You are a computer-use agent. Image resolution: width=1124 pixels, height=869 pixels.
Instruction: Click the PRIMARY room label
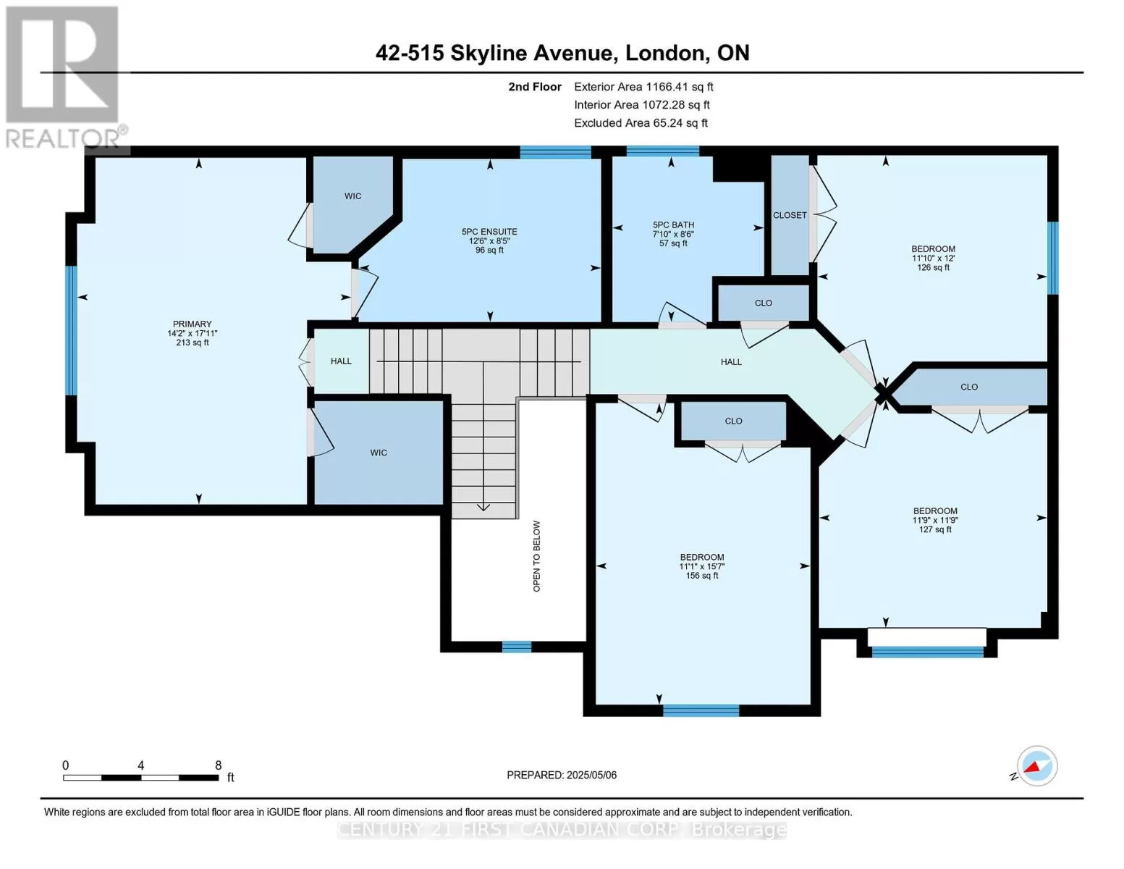pos(192,324)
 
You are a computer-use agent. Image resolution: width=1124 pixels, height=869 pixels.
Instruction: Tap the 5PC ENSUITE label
pos(489,232)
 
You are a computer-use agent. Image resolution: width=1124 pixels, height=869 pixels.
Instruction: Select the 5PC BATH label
pos(673,225)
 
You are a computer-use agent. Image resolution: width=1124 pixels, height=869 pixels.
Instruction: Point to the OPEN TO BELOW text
pos(536,556)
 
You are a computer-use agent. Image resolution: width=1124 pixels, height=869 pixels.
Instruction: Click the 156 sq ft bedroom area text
pos(701,576)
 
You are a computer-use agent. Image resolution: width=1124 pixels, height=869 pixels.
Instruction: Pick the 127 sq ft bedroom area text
pos(934,529)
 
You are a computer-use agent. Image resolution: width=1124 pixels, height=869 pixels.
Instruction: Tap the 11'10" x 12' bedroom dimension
pos(933,258)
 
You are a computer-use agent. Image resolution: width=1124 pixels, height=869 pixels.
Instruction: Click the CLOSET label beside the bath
pos(790,215)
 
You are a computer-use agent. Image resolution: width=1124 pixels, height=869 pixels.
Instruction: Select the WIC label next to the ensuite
pos(352,196)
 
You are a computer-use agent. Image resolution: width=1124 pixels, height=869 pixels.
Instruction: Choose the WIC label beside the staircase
pos(378,453)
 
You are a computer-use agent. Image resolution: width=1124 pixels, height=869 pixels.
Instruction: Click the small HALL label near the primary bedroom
pos(341,361)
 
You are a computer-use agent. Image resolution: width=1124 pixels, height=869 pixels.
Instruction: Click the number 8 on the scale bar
pos(219,765)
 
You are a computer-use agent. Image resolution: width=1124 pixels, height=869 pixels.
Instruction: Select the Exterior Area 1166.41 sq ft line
pos(643,87)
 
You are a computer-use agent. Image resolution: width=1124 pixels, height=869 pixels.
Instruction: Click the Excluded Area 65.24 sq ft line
pos(641,123)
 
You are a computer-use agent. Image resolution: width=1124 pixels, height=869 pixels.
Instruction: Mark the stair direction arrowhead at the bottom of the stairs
pos(483,507)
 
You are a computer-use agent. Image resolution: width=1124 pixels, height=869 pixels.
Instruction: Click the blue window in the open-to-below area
pos(517,647)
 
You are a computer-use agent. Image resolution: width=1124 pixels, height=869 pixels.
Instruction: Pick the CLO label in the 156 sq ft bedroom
pos(733,421)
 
